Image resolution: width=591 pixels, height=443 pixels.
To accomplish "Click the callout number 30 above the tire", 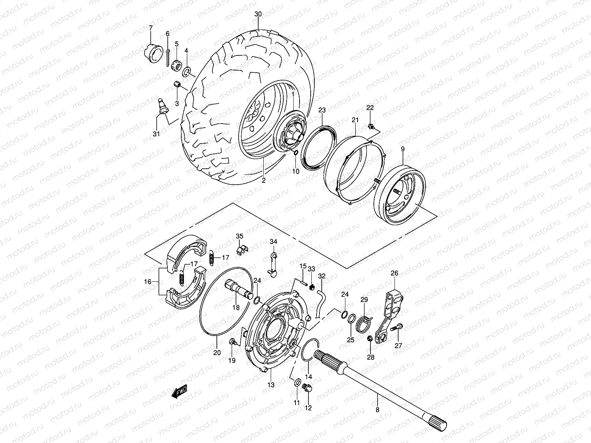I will (x=258, y=14).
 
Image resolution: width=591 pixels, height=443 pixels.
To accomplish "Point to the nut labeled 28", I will (x=370, y=339).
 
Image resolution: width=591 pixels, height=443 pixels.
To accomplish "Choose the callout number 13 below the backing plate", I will (x=271, y=385).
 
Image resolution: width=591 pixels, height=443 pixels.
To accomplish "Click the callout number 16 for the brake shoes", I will (x=147, y=282).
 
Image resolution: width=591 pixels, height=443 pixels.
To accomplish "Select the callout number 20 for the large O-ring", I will (x=217, y=353).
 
